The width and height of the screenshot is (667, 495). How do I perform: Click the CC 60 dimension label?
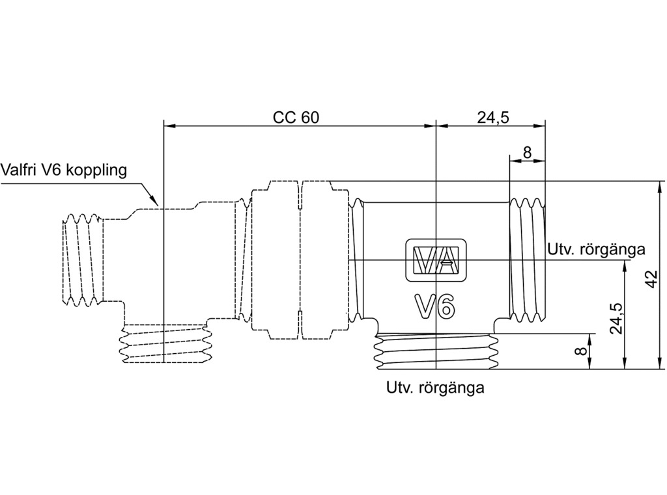click(x=296, y=117)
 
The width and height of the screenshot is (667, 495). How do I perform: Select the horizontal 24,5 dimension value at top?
click(x=493, y=117)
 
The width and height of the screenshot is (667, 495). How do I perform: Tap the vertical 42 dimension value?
click(x=652, y=278)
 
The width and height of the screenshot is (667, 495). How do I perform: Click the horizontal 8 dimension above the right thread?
click(x=527, y=152)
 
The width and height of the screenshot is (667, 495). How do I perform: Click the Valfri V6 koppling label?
click(x=64, y=170)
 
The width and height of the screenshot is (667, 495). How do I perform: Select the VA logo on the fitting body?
click(x=436, y=260)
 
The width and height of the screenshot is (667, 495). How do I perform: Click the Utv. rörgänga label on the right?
click(x=596, y=249)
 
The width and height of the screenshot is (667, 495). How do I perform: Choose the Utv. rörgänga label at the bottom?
click(x=435, y=388)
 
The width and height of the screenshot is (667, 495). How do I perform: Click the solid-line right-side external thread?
click(x=527, y=260)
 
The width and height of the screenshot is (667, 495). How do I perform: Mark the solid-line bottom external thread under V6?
click(x=436, y=351)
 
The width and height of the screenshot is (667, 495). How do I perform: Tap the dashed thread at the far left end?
click(x=83, y=260)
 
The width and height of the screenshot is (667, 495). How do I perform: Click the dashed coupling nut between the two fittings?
click(x=299, y=260)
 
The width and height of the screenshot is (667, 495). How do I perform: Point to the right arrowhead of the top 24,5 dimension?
click(x=539, y=126)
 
